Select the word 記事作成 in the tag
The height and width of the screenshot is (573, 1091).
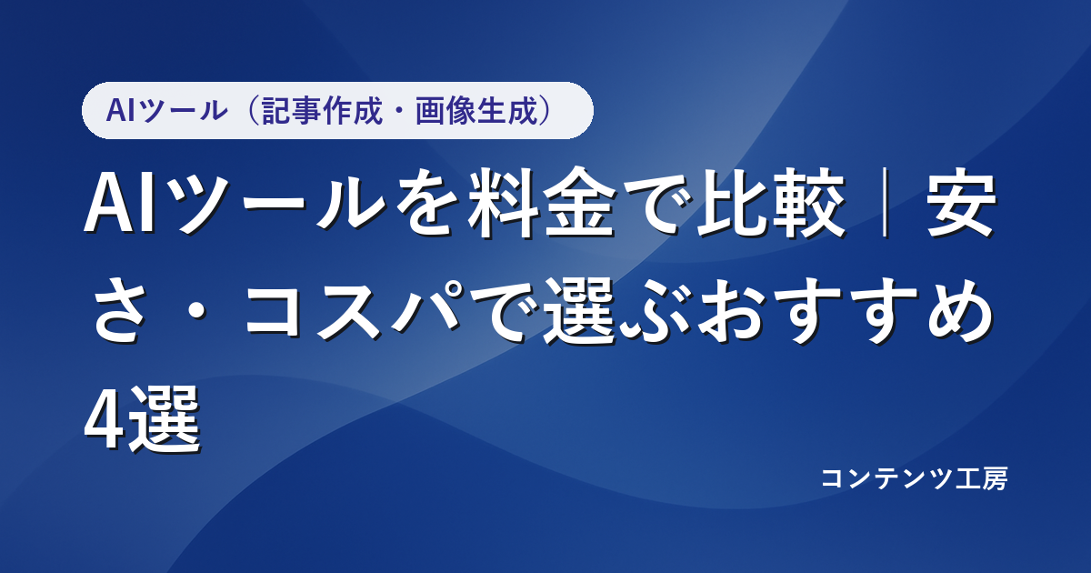point(322,111)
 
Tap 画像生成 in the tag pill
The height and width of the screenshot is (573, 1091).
point(475,111)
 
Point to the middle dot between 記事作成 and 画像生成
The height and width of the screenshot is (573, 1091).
point(399,111)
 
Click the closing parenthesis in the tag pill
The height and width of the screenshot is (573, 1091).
point(546,111)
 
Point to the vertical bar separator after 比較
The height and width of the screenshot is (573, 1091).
point(885,203)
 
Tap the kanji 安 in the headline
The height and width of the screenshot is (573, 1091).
point(959,203)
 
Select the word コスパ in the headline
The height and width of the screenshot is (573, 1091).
point(352,310)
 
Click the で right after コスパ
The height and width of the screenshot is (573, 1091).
point(503,310)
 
